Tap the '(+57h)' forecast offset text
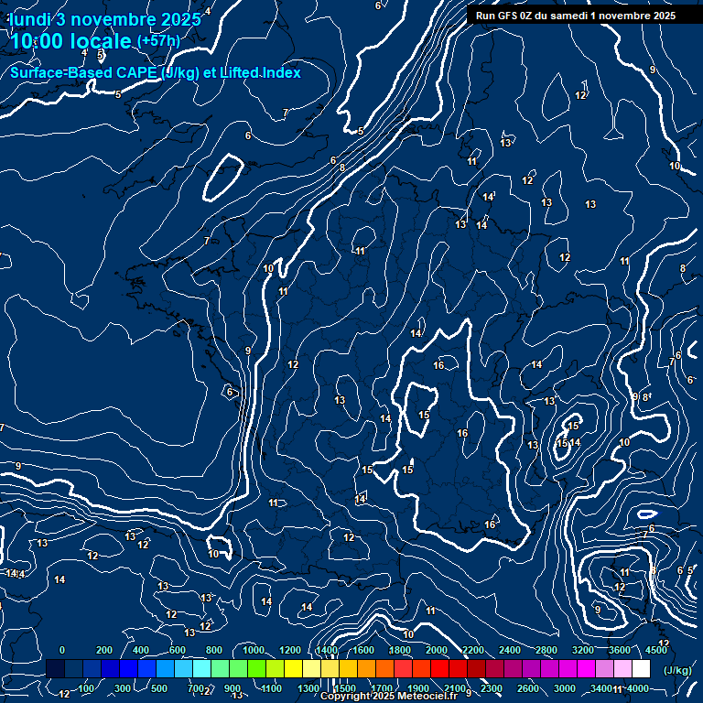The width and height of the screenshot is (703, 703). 158,41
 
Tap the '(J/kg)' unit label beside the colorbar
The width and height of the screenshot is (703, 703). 678,670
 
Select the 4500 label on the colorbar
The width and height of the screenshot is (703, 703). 655,650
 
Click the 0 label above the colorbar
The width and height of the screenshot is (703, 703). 62,650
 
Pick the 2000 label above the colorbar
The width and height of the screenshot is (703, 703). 437,650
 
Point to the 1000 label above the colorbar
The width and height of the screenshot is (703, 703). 254,650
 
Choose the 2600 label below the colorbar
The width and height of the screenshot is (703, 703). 528,688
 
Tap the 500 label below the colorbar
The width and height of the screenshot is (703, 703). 158,688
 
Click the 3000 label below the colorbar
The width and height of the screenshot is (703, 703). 565,688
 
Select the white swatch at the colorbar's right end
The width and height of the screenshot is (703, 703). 641,669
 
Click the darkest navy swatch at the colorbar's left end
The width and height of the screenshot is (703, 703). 55,669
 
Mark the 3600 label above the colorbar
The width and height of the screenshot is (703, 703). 620,650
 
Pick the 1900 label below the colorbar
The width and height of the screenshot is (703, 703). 418,688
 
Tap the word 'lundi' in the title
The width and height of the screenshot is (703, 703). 27,19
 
